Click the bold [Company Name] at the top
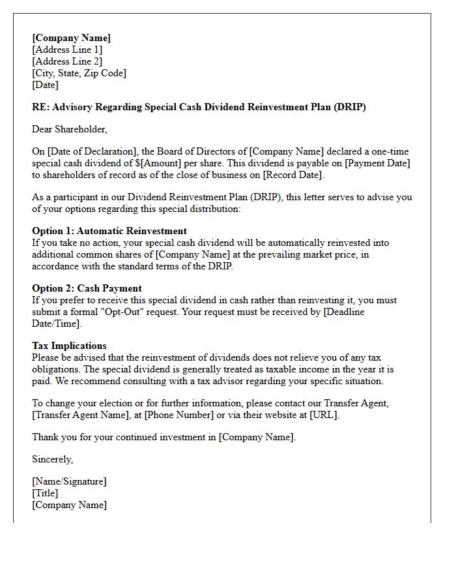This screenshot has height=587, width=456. tap(71, 38)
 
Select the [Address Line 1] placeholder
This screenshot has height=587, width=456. tap(67, 50)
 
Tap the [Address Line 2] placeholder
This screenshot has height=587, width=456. tap(67, 61)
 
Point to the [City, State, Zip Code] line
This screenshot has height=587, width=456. tap(79, 73)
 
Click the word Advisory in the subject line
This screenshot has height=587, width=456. tap(72, 107)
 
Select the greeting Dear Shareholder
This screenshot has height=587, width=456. tap(70, 129)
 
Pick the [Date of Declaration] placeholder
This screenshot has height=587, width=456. tap(90, 151)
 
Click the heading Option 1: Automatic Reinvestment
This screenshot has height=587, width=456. tap(109, 231)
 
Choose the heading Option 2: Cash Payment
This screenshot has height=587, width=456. tap(87, 288)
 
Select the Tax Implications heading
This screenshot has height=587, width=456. tap(69, 346)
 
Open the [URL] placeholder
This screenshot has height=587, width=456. tap(324, 415)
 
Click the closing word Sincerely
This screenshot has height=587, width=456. tap(53, 459)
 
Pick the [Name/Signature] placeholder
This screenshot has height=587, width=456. tap(69, 481)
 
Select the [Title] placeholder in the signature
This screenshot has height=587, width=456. tap(46, 493)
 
